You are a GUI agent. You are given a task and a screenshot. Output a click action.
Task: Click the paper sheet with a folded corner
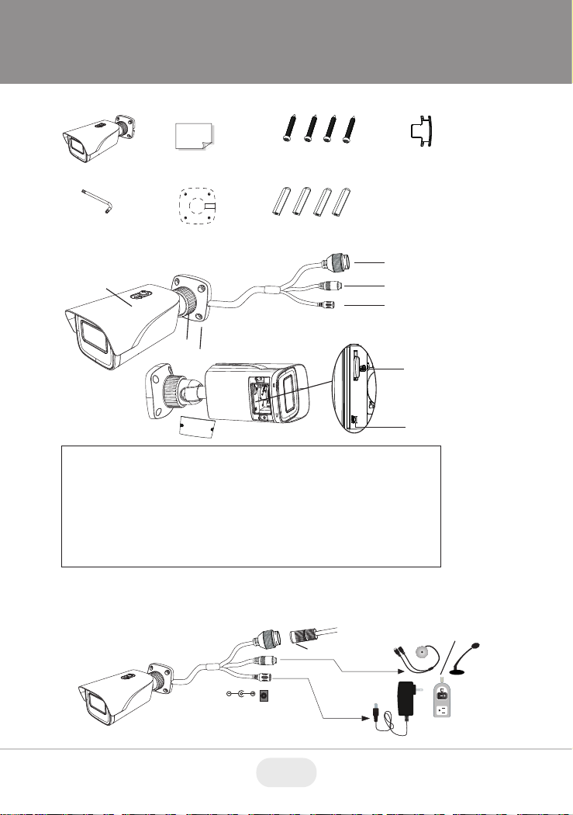(193, 137)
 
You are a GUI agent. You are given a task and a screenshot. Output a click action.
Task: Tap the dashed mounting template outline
(194, 206)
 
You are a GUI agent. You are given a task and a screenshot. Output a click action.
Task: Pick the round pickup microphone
(423, 654)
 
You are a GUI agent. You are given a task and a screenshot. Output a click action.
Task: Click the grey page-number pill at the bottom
(286, 773)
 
